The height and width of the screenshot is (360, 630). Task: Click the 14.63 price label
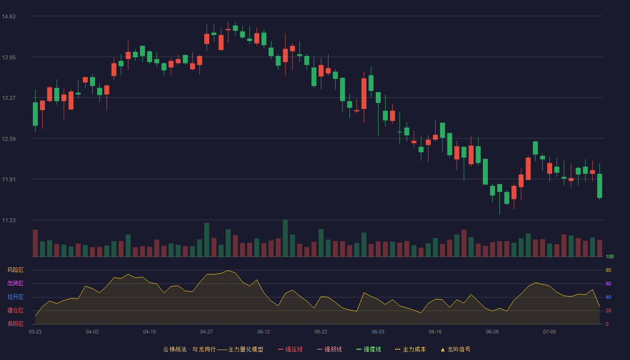[9, 17]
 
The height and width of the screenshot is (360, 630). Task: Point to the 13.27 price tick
[9, 98]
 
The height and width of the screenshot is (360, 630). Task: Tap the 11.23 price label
[9, 220]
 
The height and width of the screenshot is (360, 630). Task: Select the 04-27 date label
[207, 332]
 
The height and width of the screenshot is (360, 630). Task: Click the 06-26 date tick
[492, 332]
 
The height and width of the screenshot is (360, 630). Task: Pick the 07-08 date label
[549, 332]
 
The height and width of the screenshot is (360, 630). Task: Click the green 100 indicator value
[610, 256]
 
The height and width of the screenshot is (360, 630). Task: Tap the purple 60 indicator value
[608, 283]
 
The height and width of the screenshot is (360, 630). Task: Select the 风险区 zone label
[15, 270]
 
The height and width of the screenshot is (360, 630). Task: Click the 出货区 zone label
[15, 283]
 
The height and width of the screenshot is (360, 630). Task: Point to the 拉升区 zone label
[15, 297]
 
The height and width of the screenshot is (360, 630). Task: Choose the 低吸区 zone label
[15, 324]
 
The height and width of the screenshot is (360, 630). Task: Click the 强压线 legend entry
[290, 349]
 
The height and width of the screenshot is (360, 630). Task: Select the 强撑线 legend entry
[369, 349]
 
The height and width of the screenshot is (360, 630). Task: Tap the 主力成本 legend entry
[410, 349]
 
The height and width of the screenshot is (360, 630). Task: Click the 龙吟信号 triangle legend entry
[455, 349]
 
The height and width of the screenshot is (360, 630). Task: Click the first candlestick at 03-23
[35, 114]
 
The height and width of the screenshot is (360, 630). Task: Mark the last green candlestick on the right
[599, 185]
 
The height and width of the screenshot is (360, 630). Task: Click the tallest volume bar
[285, 238]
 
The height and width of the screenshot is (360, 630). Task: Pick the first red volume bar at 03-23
[35, 243]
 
